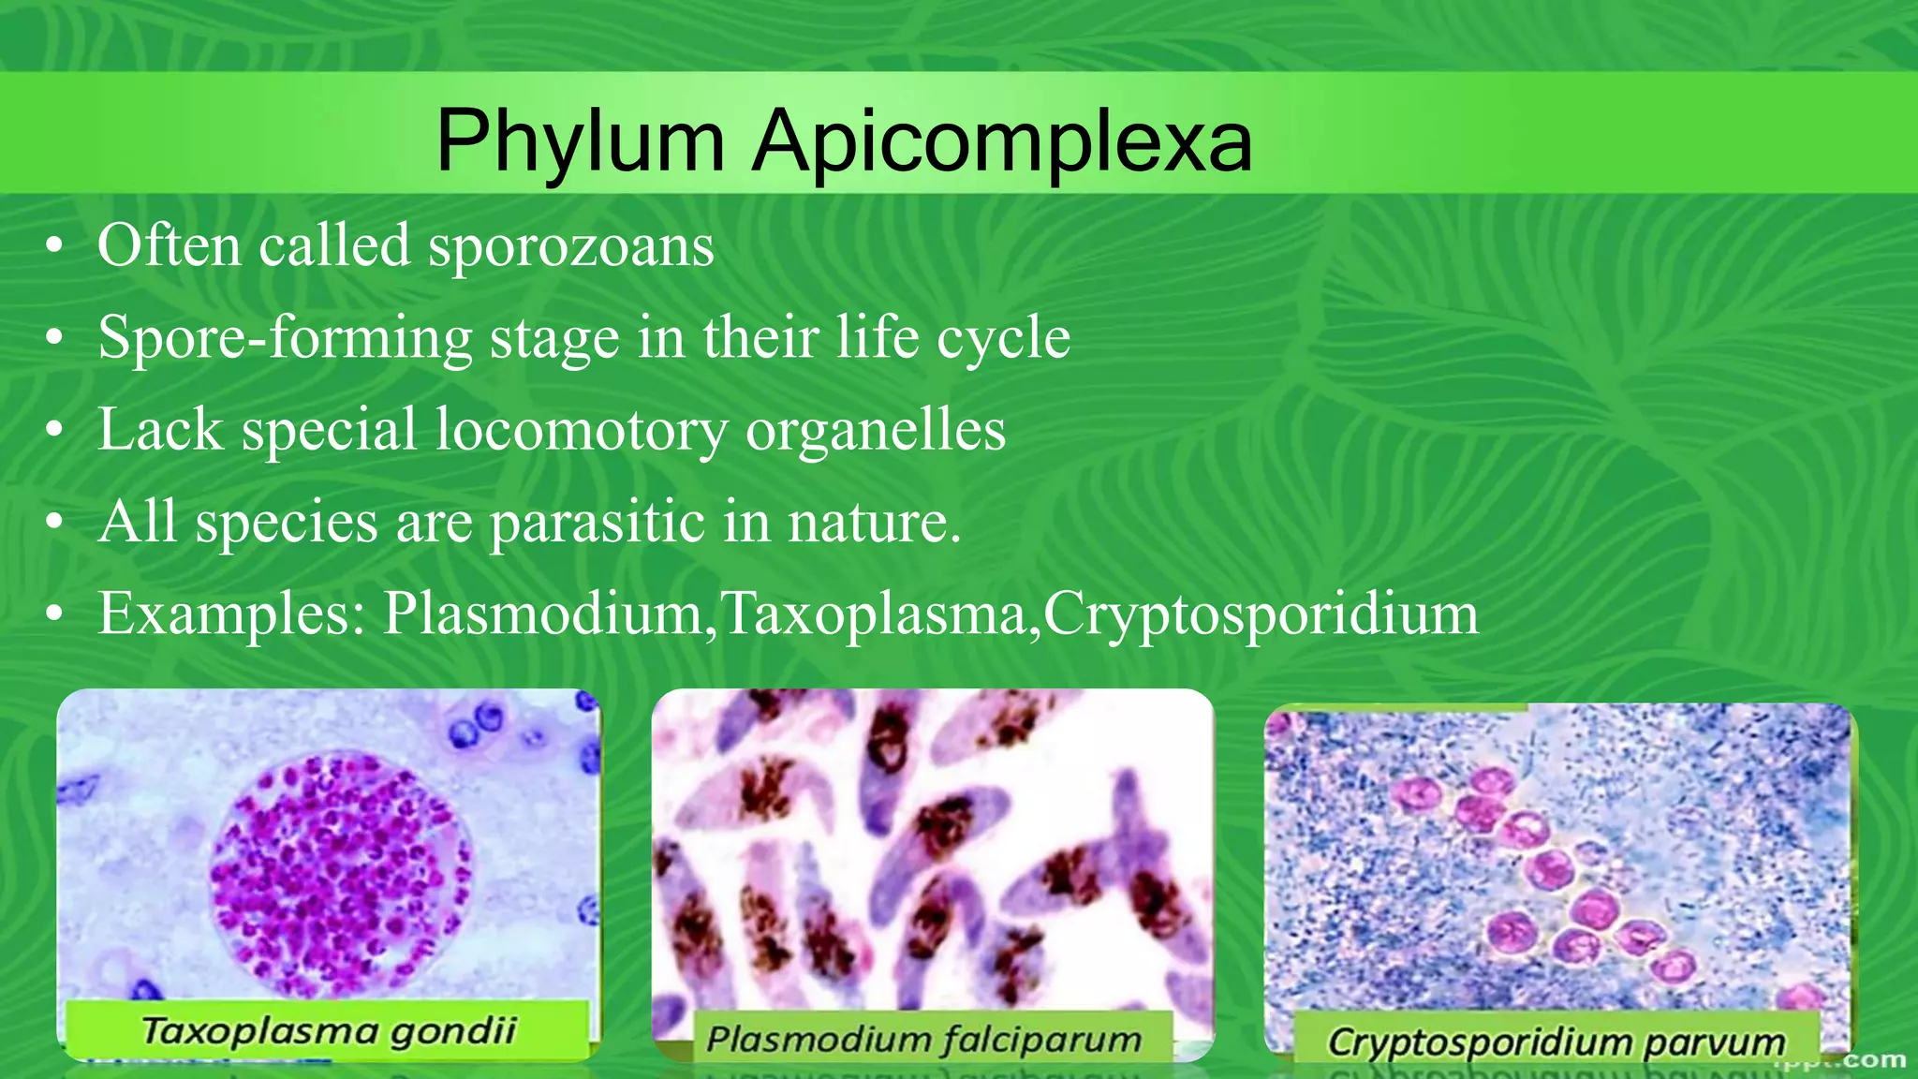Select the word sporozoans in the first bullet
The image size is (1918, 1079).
(x=570, y=246)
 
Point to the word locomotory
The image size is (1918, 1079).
(x=581, y=430)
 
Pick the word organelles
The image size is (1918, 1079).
(x=875, y=430)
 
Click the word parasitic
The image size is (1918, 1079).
(x=597, y=522)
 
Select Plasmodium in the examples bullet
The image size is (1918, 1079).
(x=542, y=614)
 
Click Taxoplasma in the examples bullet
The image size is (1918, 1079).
(x=873, y=614)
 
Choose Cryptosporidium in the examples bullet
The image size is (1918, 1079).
(x=1261, y=614)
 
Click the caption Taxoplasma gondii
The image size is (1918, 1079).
(x=328, y=1031)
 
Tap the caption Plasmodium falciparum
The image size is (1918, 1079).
(x=923, y=1039)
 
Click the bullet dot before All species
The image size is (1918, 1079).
(x=55, y=524)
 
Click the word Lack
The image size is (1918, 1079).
(x=160, y=430)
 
